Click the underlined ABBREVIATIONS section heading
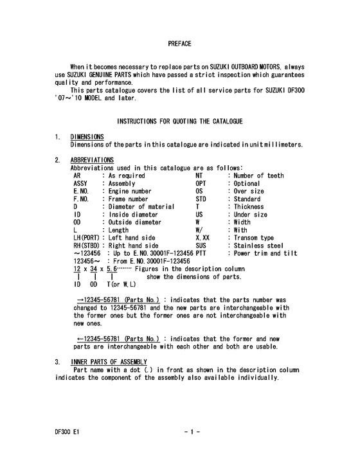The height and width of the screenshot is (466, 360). click(x=92, y=159)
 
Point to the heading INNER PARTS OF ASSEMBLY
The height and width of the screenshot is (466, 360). click(x=109, y=362)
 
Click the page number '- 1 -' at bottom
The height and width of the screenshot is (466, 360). click(x=192, y=434)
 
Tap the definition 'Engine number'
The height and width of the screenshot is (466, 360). click(x=129, y=191)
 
